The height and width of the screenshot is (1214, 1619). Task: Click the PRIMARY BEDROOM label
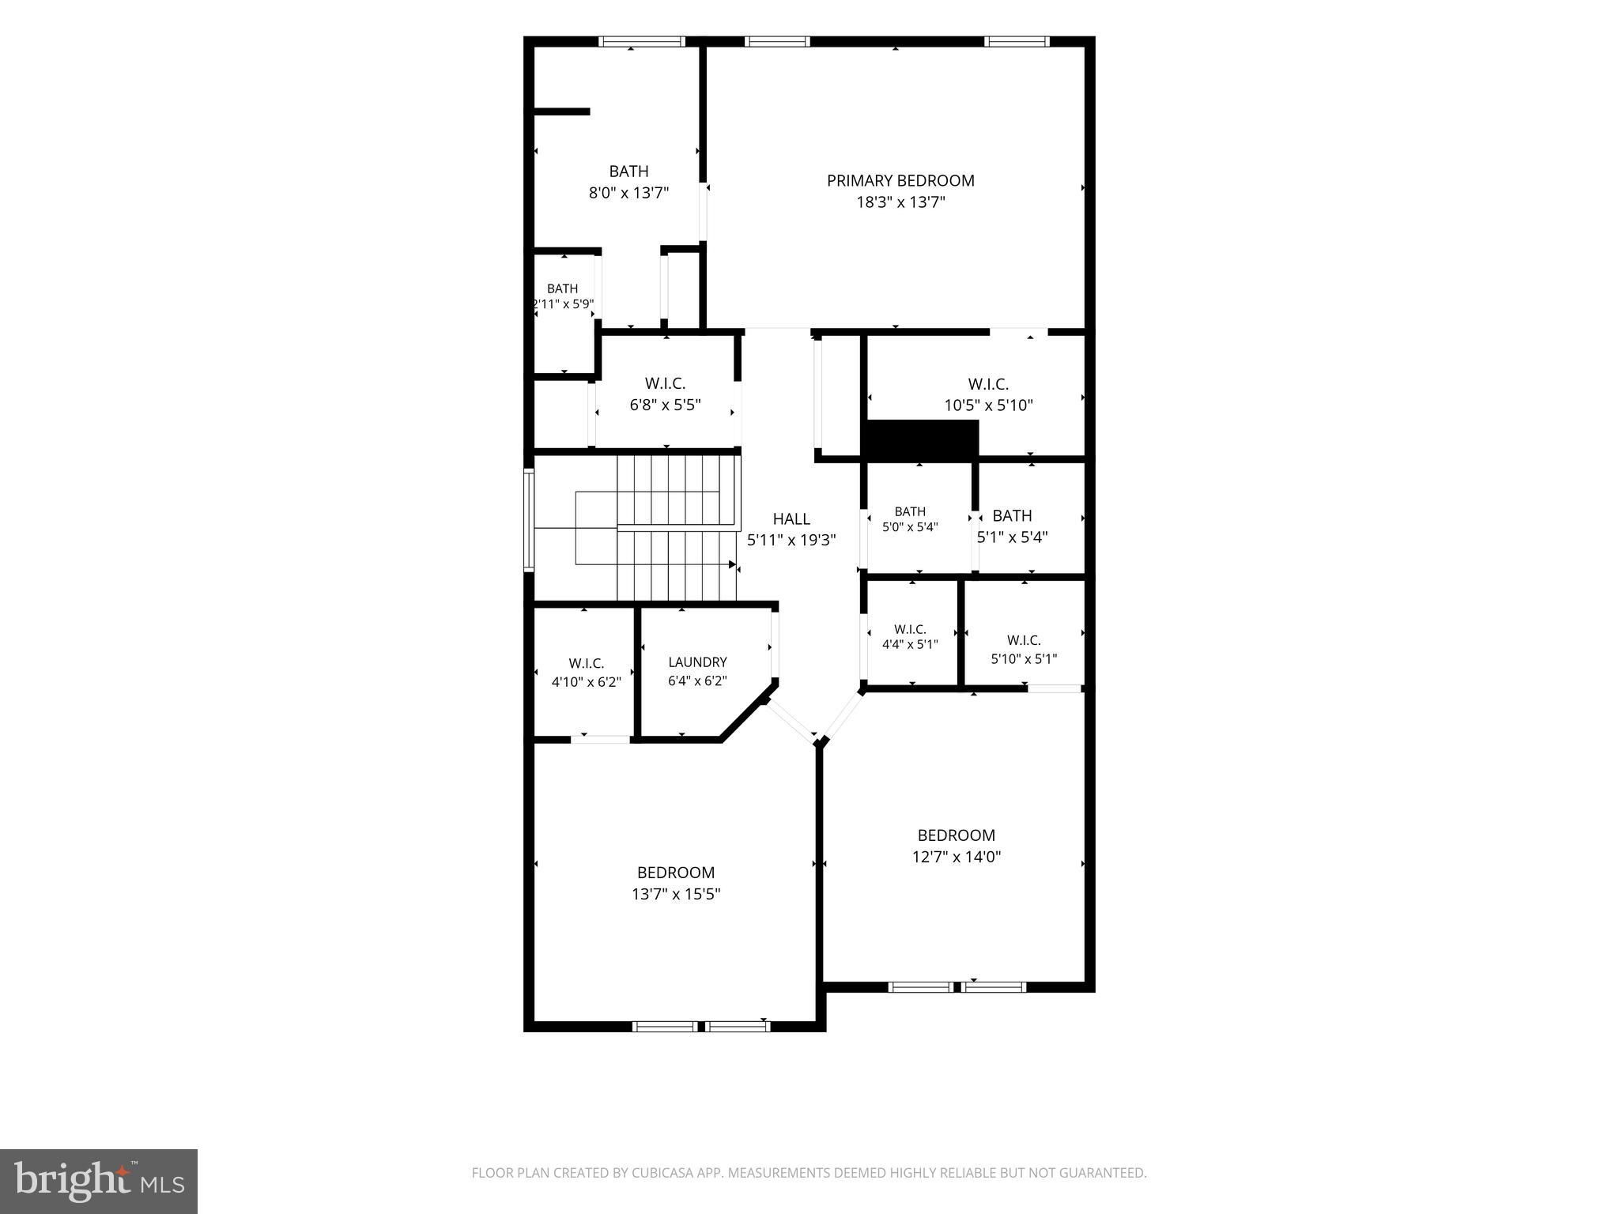pyautogui.click(x=900, y=180)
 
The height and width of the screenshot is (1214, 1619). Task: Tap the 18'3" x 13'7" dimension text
pyautogui.click(x=900, y=202)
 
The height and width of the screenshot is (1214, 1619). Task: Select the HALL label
pyautogui.click(x=791, y=518)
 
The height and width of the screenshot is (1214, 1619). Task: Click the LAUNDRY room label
pyautogui.click(x=697, y=662)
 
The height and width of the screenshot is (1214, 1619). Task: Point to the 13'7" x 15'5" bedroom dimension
pyautogui.click(x=676, y=894)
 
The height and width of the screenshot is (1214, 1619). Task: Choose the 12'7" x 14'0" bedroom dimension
pyautogui.click(x=957, y=856)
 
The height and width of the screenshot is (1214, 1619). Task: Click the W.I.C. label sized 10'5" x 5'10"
pyautogui.click(x=988, y=384)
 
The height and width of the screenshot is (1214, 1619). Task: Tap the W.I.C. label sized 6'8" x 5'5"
pyautogui.click(x=665, y=383)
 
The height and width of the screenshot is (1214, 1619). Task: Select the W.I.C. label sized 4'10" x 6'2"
pyautogui.click(x=586, y=664)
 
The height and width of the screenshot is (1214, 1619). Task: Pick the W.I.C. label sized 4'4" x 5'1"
pyautogui.click(x=910, y=629)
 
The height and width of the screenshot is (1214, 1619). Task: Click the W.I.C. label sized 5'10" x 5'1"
pyautogui.click(x=1024, y=640)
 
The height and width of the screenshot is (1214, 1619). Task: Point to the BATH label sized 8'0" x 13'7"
pyautogui.click(x=628, y=171)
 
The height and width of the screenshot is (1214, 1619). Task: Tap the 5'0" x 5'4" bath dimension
pyautogui.click(x=910, y=526)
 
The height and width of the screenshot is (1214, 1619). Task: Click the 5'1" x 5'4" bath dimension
pyautogui.click(x=1013, y=537)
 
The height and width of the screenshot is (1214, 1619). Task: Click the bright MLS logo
pyautogui.click(x=99, y=1182)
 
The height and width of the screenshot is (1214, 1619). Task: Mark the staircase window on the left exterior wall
pyautogui.click(x=529, y=519)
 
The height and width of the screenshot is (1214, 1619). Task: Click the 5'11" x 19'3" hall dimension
pyautogui.click(x=791, y=541)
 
